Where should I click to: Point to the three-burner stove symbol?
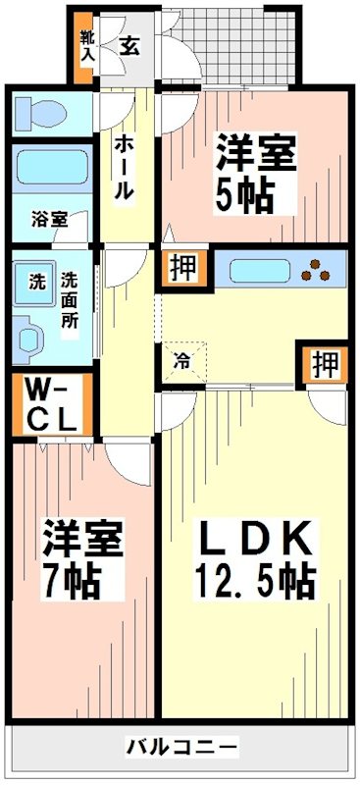319,269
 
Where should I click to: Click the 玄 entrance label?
129,44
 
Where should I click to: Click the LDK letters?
255,539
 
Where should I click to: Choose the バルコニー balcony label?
180,749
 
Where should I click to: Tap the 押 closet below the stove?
325,364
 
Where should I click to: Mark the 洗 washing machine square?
35,282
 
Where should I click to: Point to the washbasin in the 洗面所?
31,337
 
